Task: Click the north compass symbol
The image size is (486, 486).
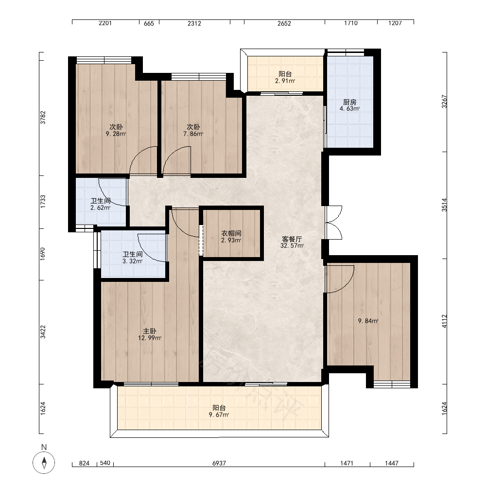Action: click(44, 463)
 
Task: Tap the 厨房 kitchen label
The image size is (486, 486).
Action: click(349, 102)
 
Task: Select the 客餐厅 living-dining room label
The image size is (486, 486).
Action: click(292, 239)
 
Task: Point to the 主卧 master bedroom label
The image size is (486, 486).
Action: click(149, 331)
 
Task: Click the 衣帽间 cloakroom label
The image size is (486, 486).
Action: click(231, 233)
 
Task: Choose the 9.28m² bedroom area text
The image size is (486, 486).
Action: click(116, 134)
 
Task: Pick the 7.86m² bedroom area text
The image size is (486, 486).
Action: click(193, 134)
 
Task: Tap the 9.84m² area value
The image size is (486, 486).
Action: click(368, 321)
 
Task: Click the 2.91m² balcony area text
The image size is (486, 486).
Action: click(285, 81)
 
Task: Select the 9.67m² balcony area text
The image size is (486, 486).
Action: click(219, 415)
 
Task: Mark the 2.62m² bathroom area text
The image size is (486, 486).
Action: click(101, 208)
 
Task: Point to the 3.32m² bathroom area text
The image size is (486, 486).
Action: click(133, 261)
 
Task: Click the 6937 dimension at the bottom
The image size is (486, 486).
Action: click(219, 463)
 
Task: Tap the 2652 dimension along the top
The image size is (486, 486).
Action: click(284, 23)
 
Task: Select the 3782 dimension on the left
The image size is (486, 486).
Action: click(43, 118)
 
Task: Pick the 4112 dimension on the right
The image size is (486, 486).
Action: click(445, 321)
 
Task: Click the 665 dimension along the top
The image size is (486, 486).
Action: click(149, 23)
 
